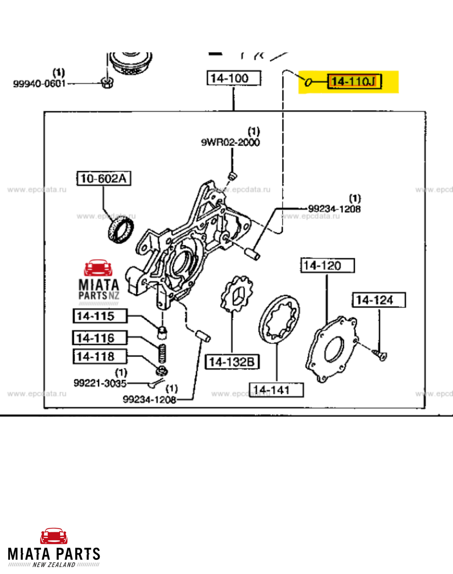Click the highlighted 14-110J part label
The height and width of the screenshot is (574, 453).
(x=354, y=82)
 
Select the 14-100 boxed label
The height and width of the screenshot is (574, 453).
(x=234, y=78)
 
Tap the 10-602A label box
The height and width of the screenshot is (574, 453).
(x=104, y=178)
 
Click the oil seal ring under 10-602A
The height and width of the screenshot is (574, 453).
(x=121, y=231)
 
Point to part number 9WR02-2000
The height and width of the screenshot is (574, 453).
(x=230, y=142)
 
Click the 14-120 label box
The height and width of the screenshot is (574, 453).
(x=327, y=266)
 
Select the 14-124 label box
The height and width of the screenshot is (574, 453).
(x=379, y=300)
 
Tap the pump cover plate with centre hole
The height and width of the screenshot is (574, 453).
(x=331, y=350)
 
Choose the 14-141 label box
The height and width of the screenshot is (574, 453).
(x=276, y=390)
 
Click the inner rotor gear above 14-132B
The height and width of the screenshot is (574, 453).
(x=237, y=294)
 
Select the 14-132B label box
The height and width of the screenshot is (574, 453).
(x=232, y=362)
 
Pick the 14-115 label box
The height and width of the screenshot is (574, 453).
(x=100, y=316)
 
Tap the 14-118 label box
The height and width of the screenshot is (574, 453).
(x=100, y=357)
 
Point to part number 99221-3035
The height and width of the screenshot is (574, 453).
(x=100, y=383)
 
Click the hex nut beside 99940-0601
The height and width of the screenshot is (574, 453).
(x=107, y=83)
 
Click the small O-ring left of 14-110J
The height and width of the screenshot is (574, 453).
(x=308, y=82)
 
